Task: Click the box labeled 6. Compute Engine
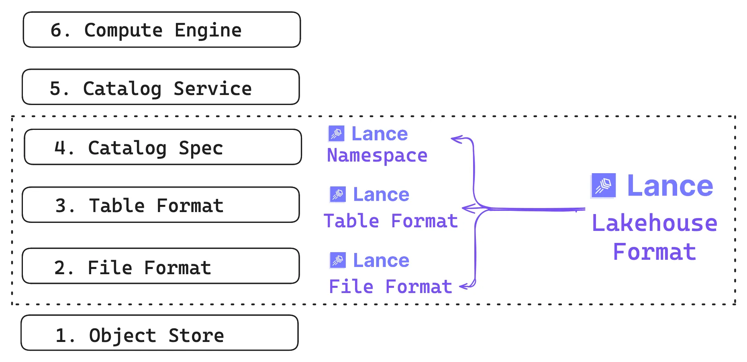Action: [161, 30]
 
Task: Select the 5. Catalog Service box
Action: [161, 87]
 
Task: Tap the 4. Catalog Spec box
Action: [163, 147]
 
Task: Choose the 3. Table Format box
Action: [161, 205]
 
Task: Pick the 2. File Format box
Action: [161, 266]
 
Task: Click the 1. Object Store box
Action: [159, 333]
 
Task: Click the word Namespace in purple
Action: [377, 156]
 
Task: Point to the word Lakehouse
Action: [654, 223]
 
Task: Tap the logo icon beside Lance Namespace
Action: [336, 133]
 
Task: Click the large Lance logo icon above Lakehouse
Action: [603, 186]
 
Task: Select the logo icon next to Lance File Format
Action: [338, 260]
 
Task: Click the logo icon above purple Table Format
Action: [338, 194]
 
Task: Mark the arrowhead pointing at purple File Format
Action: [463, 286]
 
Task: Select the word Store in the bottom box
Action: [196, 336]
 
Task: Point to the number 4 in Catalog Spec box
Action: [60, 148]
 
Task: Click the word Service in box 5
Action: [212, 89]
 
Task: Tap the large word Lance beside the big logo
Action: [670, 186]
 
